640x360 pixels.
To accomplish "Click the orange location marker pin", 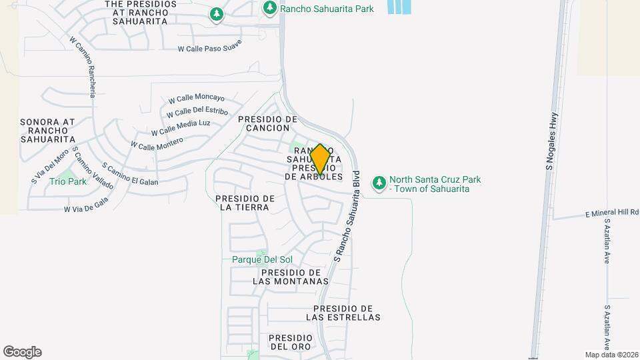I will (320, 159).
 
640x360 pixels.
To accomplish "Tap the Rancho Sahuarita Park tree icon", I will (270, 8).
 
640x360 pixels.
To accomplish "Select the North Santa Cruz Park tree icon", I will (379, 183).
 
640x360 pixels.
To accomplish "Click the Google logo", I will (22, 352).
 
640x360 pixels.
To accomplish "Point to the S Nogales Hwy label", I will (551, 141).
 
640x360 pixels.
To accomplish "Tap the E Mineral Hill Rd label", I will (612, 213).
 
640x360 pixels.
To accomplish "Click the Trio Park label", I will (68, 181).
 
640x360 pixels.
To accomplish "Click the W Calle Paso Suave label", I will (209, 47).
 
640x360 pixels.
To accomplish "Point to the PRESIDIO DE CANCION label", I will (267, 123).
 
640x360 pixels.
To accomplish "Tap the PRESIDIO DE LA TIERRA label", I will (245, 203).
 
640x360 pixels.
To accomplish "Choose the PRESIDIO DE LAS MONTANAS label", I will (291, 277).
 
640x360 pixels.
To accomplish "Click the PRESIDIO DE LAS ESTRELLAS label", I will (343, 313).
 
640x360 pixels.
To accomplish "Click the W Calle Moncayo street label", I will (196, 98).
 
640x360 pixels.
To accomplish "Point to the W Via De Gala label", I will (86, 208).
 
